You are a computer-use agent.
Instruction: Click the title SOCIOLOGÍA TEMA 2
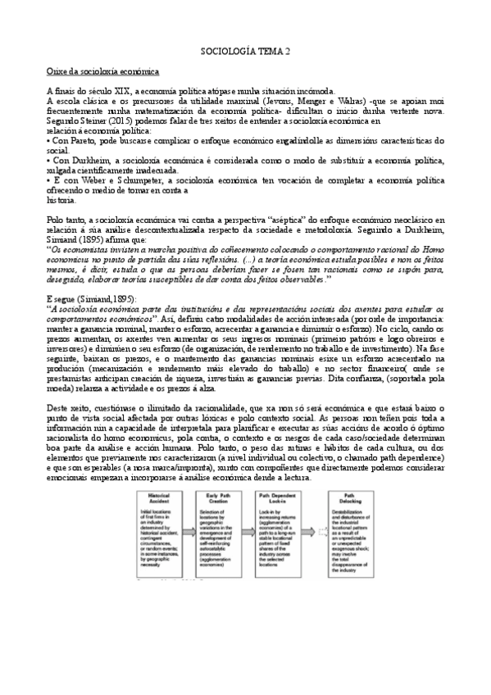pyautogui.click(x=245, y=51)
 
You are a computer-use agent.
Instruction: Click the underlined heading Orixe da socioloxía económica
pyautogui.click(x=102, y=71)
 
